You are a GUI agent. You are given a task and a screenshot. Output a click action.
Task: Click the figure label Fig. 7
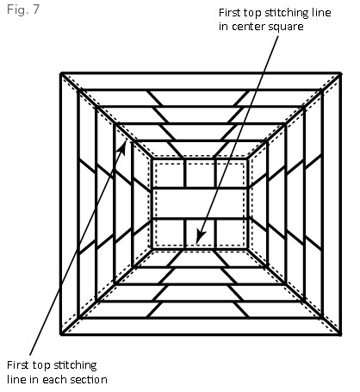coord(23,9)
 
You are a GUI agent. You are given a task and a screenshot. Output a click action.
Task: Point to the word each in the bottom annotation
coord(55,379)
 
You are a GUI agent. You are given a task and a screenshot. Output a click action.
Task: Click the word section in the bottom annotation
coord(89,379)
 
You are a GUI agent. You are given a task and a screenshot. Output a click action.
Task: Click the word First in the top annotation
coord(230,13)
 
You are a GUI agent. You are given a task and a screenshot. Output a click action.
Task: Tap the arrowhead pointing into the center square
coord(200,237)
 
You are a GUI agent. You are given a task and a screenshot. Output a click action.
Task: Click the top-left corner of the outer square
coord(61,74)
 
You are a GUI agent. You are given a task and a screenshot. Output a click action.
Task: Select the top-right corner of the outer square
coord(340,74)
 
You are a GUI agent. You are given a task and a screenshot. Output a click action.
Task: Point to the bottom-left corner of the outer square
coord(61,334)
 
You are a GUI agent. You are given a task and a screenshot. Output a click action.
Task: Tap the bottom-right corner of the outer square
coord(340,334)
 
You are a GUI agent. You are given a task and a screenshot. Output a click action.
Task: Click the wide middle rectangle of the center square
coord(200,203)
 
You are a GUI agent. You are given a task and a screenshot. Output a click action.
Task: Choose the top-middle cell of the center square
coord(200,173)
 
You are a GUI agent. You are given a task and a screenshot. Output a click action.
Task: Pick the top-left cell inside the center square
coord(169,173)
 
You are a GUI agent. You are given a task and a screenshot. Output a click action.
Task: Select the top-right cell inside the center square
coord(231,173)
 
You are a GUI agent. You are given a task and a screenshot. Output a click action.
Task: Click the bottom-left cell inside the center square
coord(169,233)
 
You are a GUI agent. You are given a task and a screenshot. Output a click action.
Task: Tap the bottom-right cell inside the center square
coord(231,233)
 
